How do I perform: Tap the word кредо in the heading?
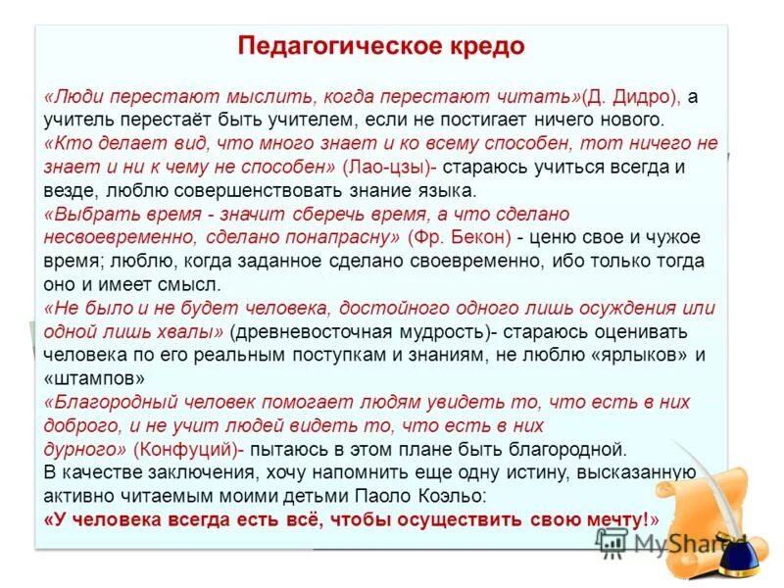click(481, 47)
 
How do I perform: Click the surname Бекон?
click(483, 236)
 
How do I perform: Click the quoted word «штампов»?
click(96, 377)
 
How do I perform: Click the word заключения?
click(204, 472)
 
